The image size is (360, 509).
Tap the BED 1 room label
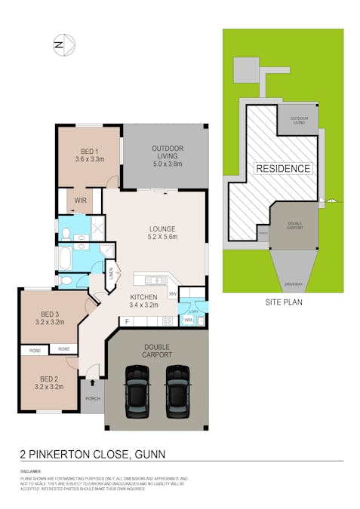coord(89,155)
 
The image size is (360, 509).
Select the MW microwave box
coord(172,293)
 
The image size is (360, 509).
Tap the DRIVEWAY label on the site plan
coord(294,284)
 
